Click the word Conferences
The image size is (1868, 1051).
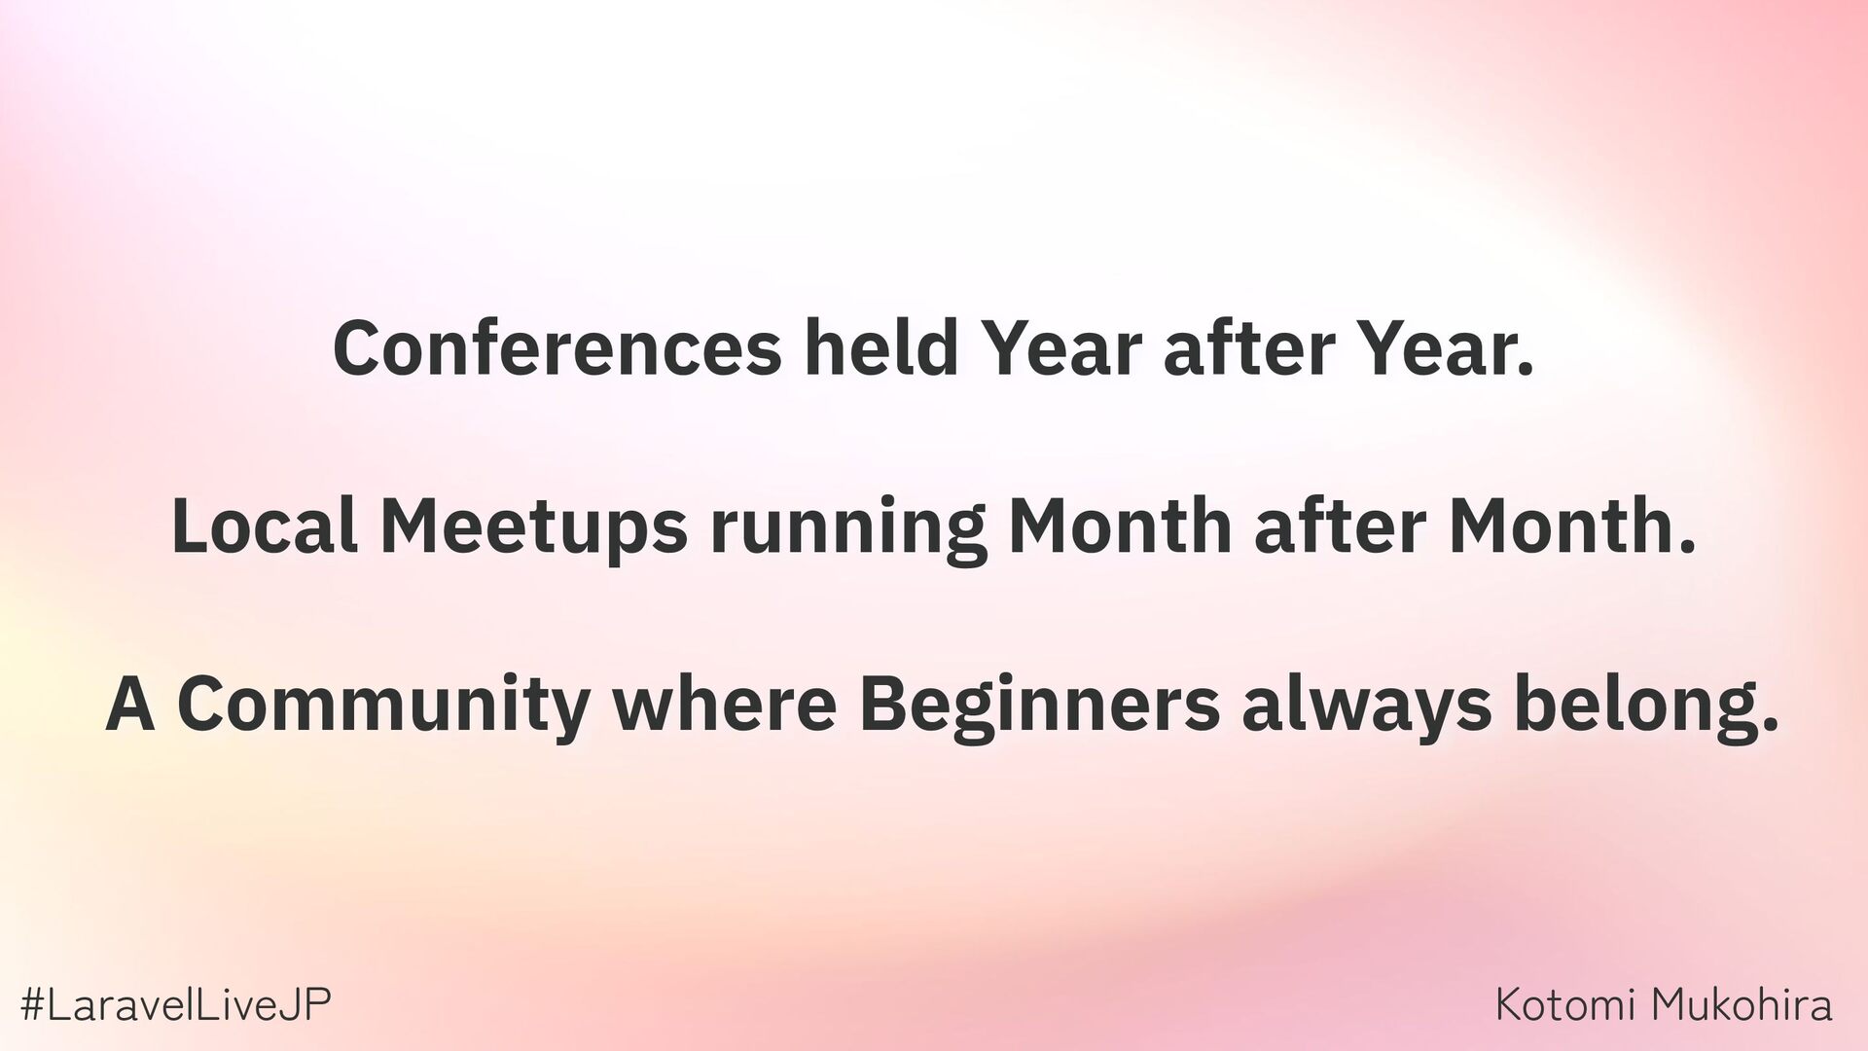click(557, 348)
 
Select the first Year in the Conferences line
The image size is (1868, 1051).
click(1061, 348)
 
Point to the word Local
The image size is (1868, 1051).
click(265, 525)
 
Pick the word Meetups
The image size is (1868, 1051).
click(534, 526)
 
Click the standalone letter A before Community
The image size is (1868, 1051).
click(130, 703)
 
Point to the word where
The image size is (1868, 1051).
click(725, 702)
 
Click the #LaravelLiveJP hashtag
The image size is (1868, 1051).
click(176, 1004)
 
